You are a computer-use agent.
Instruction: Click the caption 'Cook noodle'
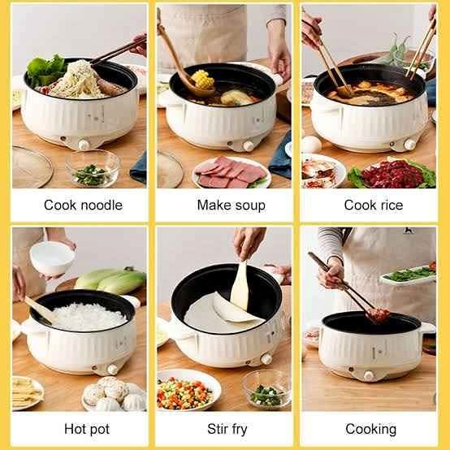[83, 205]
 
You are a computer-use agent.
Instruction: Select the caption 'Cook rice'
[373, 205]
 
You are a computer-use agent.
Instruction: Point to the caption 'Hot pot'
[83, 428]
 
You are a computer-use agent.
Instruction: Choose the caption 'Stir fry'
[227, 428]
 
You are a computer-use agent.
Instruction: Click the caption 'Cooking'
[371, 428]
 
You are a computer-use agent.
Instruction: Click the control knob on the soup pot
[249, 144]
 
